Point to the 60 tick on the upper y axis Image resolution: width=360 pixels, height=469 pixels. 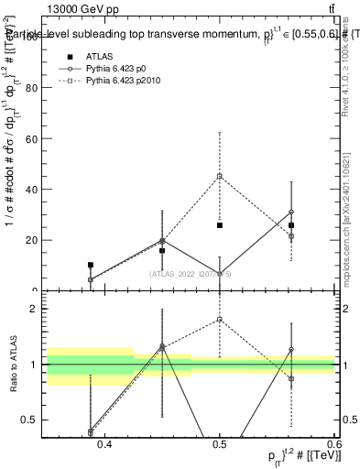pos(32,139)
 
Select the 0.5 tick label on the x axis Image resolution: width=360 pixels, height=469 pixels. pos(220,443)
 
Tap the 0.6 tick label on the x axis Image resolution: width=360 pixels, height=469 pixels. pos(333,443)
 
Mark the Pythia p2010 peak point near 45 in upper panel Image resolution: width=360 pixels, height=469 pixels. pos(220,176)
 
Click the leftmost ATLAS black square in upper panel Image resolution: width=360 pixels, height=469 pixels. pos(90,265)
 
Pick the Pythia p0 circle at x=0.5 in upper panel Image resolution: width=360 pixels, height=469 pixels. pos(220,273)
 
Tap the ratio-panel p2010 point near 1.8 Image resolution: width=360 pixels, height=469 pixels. pos(220,320)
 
